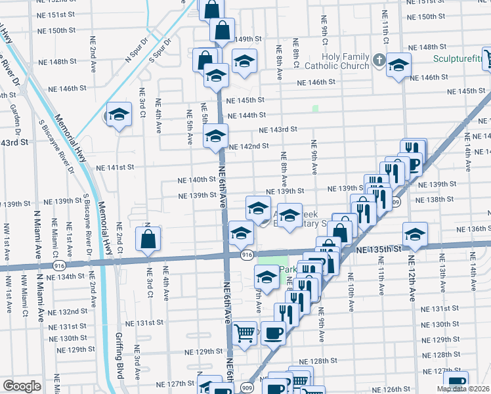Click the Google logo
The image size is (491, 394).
[22, 386]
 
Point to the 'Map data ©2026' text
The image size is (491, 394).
[463, 389]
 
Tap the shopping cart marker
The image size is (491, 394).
[245, 333]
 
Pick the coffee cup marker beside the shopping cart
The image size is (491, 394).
[274, 333]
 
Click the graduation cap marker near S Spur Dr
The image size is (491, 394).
[119, 116]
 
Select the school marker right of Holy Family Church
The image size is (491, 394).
[398, 64]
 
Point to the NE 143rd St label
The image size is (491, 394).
[278, 130]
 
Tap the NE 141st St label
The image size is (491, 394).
[117, 167]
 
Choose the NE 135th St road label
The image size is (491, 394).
[378, 250]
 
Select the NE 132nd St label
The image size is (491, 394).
[71, 311]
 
